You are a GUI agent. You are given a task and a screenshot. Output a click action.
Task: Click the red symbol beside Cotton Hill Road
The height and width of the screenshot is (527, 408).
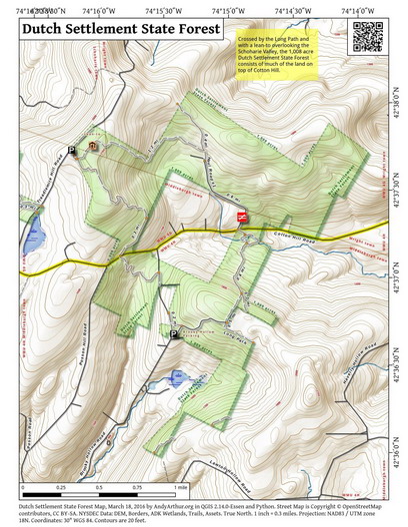[241, 216]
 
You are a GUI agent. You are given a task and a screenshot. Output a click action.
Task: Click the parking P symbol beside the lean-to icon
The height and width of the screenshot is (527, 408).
[72, 150]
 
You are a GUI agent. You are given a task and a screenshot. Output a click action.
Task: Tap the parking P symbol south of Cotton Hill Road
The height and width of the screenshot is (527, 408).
[175, 335]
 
